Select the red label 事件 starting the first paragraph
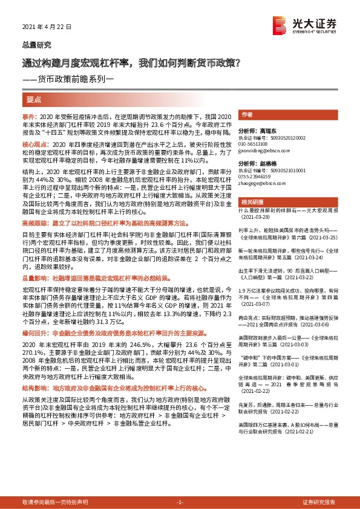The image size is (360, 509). point(29,115)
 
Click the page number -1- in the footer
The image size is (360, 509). point(180,502)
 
